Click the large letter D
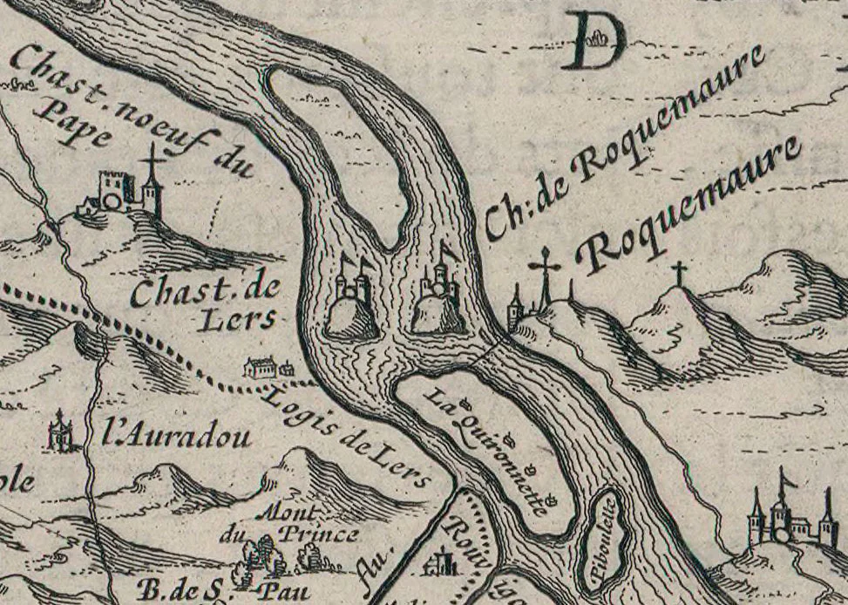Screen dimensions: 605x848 point(594,40)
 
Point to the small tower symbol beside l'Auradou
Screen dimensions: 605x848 point(60,431)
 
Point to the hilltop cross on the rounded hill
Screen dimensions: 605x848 point(678,275)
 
